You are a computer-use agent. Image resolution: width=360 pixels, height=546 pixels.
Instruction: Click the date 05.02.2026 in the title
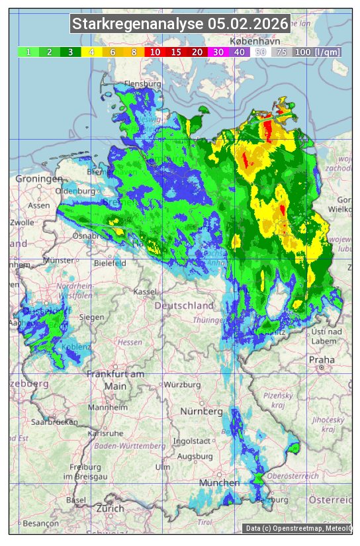pos(248,24)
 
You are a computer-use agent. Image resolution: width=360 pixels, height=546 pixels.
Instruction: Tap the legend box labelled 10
pos(155,52)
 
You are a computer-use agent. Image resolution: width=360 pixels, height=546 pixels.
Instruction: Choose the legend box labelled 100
pos(302,52)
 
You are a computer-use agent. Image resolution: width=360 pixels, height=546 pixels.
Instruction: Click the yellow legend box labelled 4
pos(92,52)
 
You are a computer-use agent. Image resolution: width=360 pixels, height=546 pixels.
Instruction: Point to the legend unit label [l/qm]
pos(327,52)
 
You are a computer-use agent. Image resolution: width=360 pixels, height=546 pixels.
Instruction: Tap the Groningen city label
pos(38,179)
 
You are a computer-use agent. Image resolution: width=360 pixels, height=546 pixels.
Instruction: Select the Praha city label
pos(322,359)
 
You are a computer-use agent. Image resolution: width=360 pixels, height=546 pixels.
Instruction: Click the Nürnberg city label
pos(201,411)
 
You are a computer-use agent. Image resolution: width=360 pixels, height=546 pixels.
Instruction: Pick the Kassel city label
pos(145,291)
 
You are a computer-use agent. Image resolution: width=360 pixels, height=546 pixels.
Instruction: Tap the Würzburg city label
pos(182,384)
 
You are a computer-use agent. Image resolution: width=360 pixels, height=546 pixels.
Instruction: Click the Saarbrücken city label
pos(54,421)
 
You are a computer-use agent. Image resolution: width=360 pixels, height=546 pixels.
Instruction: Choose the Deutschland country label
pos(184,305)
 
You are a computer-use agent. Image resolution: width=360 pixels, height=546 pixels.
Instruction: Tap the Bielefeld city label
pos(109,263)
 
